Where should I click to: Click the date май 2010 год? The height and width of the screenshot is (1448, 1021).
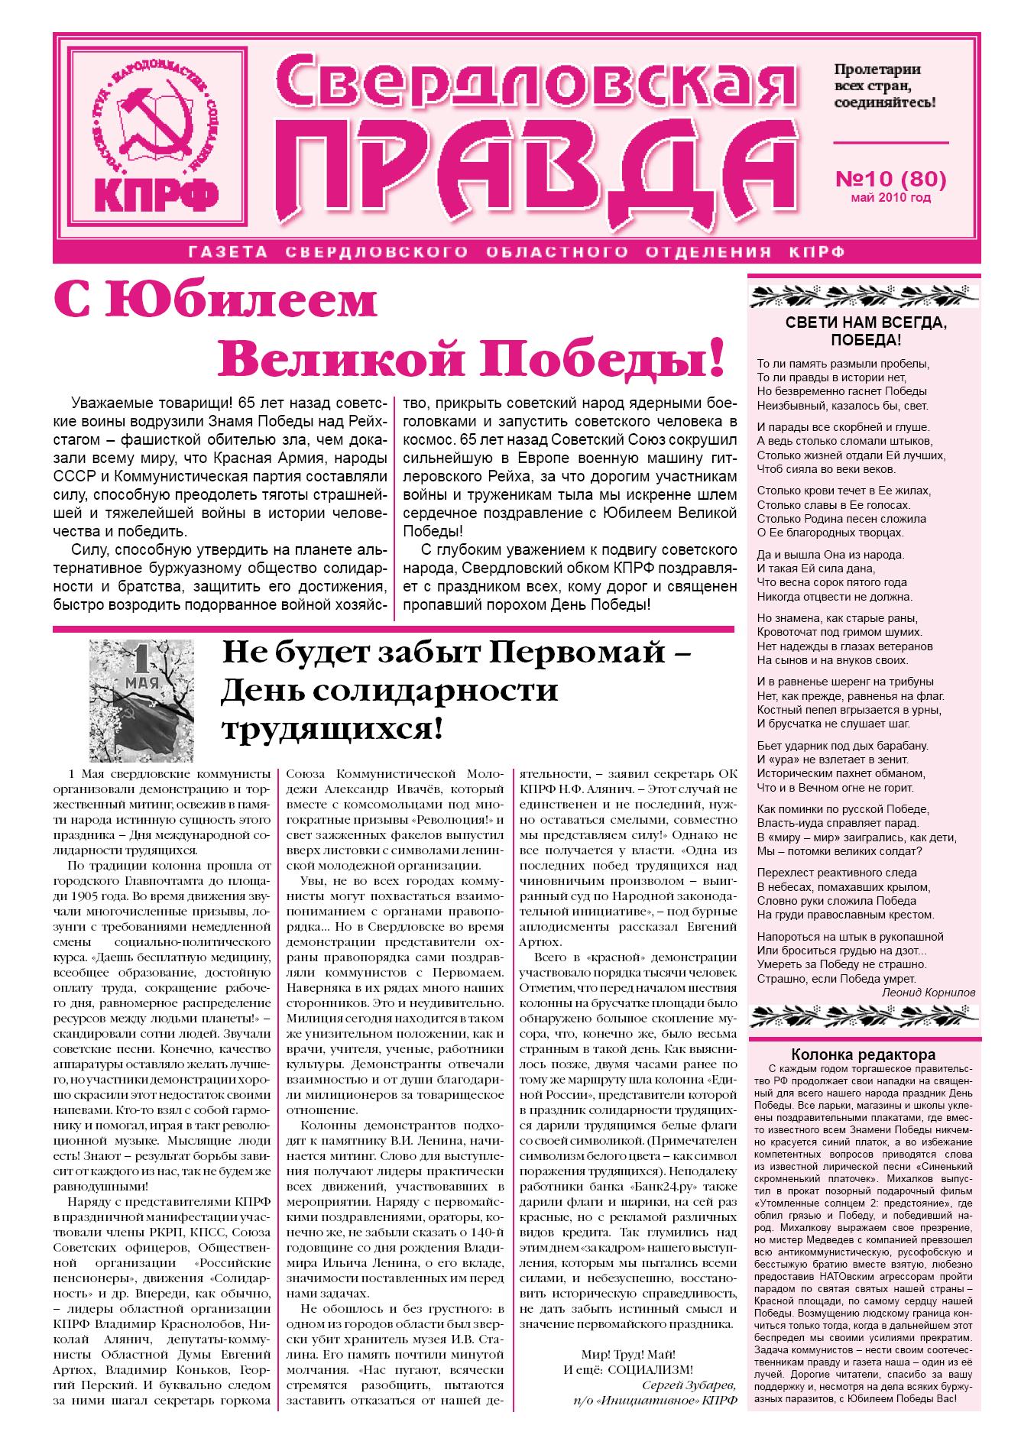pyautogui.click(x=890, y=199)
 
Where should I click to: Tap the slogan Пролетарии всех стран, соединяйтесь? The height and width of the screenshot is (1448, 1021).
pyautogui.click(x=885, y=86)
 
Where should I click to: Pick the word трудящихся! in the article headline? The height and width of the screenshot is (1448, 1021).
pyautogui.click(x=332, y=727)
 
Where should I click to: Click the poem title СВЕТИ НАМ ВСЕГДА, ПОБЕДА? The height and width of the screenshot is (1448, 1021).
pyautogui.click(x=865, y=331)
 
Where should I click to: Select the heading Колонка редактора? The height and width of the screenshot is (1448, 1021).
pyautogui.click(x=863, y=1054)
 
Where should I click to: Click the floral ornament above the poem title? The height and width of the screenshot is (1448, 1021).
pyautogui.click(x=865, y=293)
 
